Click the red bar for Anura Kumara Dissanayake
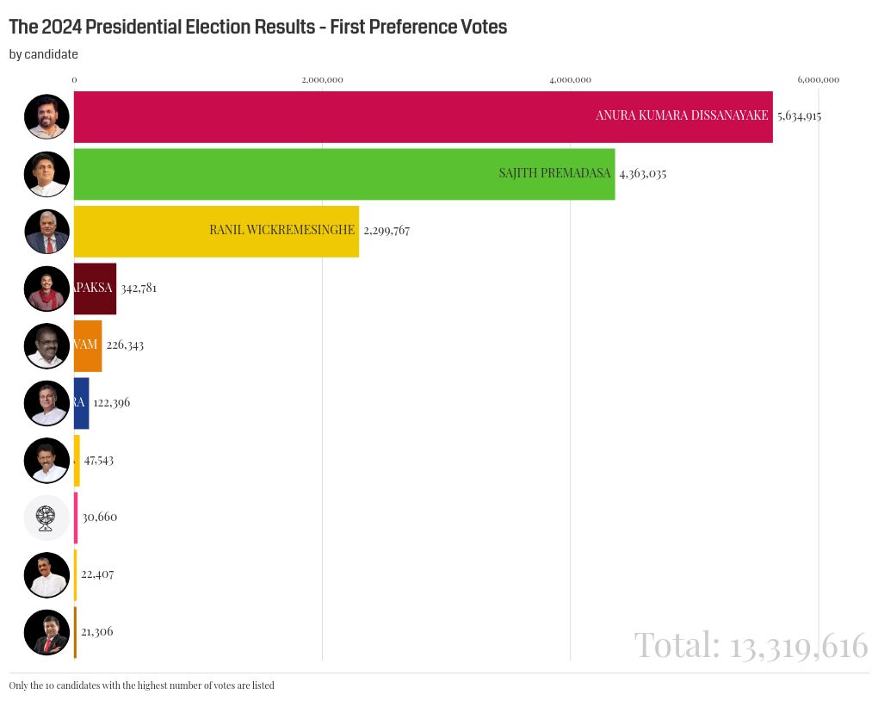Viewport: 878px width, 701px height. [x=423, y=116]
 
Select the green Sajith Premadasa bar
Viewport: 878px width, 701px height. [x=344, y=174]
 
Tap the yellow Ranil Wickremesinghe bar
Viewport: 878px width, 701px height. [x=216, y=231]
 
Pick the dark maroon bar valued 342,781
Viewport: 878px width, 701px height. [x=95, y=288]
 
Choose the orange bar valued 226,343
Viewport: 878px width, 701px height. [x=88, y=345]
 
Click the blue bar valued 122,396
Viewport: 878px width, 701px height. [x=81, y=402]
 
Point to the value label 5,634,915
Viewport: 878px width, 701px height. [x=799, y=116]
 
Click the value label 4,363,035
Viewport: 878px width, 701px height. [x=642, y=174]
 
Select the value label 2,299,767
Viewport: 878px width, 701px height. [x=386, y=231]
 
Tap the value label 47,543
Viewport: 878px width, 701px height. [x=99, y=460]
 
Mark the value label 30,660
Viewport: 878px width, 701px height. [x=100, y=518]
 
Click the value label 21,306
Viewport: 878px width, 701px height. [x=97, y=632]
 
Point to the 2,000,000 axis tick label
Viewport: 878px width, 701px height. [x=322, y=80]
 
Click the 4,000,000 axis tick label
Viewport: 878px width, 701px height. [x=570, y=80]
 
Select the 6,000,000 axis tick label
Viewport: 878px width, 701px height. [x=818, y=80]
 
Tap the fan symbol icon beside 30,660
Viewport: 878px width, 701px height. [x=46, y=518]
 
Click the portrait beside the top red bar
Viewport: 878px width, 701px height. [x=46, y=116]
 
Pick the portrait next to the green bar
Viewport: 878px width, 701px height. [x=46, y=174]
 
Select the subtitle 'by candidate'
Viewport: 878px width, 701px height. [x=44, y=54]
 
